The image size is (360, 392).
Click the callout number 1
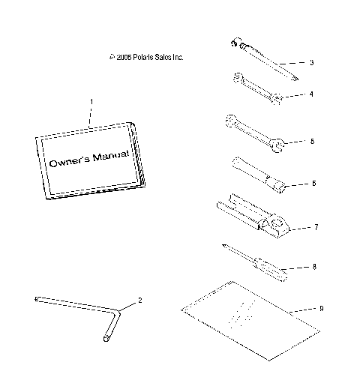click(x=91, y=100)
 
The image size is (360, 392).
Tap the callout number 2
click(x=138, y=301)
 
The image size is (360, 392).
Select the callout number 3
click(x=311, y=62)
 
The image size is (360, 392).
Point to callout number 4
click(x=311, y=94)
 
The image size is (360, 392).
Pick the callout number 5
click(x=311, y=140)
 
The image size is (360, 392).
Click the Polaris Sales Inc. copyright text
click(x=146, y=57)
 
